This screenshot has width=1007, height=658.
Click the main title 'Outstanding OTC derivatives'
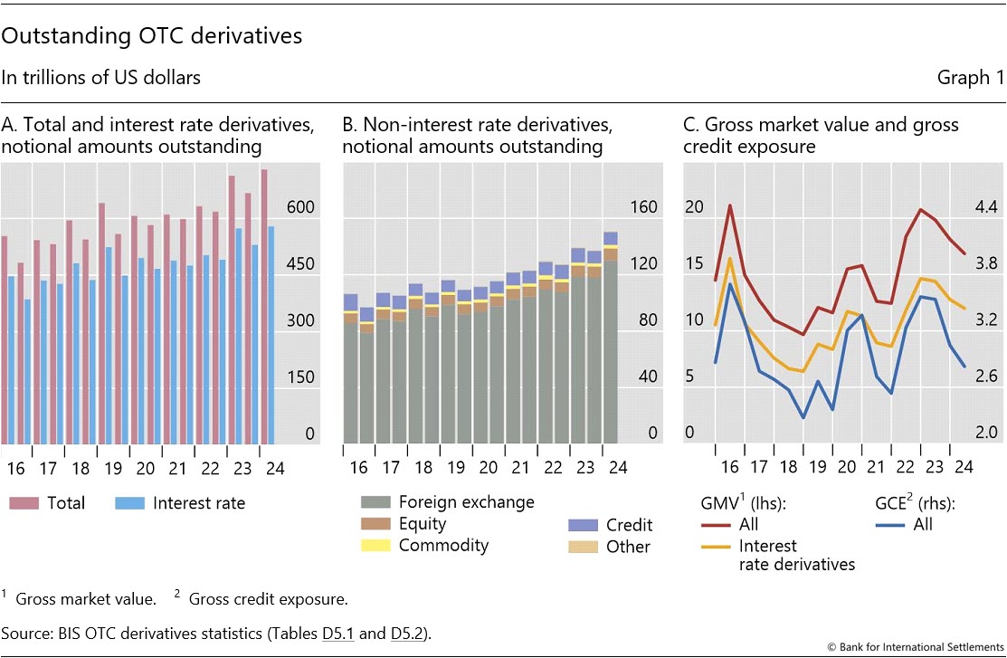tap(152, 37)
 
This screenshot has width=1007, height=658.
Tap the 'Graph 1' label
tap(971, 78)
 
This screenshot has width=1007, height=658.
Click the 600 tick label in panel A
tap(300, 207)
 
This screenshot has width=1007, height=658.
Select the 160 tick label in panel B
tap(642, 207)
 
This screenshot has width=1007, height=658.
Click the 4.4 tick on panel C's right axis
tap(985, 207)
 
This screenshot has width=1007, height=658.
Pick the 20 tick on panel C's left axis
tap(694, 207)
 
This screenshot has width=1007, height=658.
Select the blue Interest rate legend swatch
tap(133, 503)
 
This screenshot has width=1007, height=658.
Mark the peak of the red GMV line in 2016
tap(729, 205)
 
